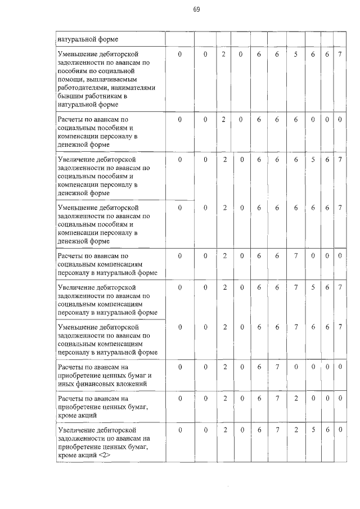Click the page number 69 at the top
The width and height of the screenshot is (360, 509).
coord(196,10)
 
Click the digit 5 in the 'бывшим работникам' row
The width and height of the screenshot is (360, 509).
coord(295,53)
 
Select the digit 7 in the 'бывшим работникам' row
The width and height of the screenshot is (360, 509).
coord(340,53)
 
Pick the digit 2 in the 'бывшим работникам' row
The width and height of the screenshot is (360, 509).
coord(223,53)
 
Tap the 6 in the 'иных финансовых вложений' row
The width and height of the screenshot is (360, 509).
coord(259,367)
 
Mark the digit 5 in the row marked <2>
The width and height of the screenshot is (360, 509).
coord(313,430)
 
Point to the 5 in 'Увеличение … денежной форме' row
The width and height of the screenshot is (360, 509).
coord(313,160)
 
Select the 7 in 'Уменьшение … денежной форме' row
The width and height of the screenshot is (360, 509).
coord(340,208)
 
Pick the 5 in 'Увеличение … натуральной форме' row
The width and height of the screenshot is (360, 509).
coord(313,287)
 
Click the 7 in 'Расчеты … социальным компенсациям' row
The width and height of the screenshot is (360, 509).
coord(295,256)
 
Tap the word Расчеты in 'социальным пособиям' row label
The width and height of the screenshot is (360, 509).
coord(73,120)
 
